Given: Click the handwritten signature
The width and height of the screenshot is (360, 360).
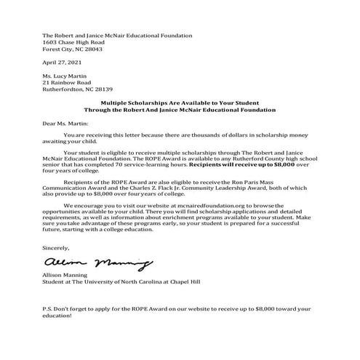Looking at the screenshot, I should point(87,261).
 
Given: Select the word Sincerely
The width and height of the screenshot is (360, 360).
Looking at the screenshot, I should point(57,247).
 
